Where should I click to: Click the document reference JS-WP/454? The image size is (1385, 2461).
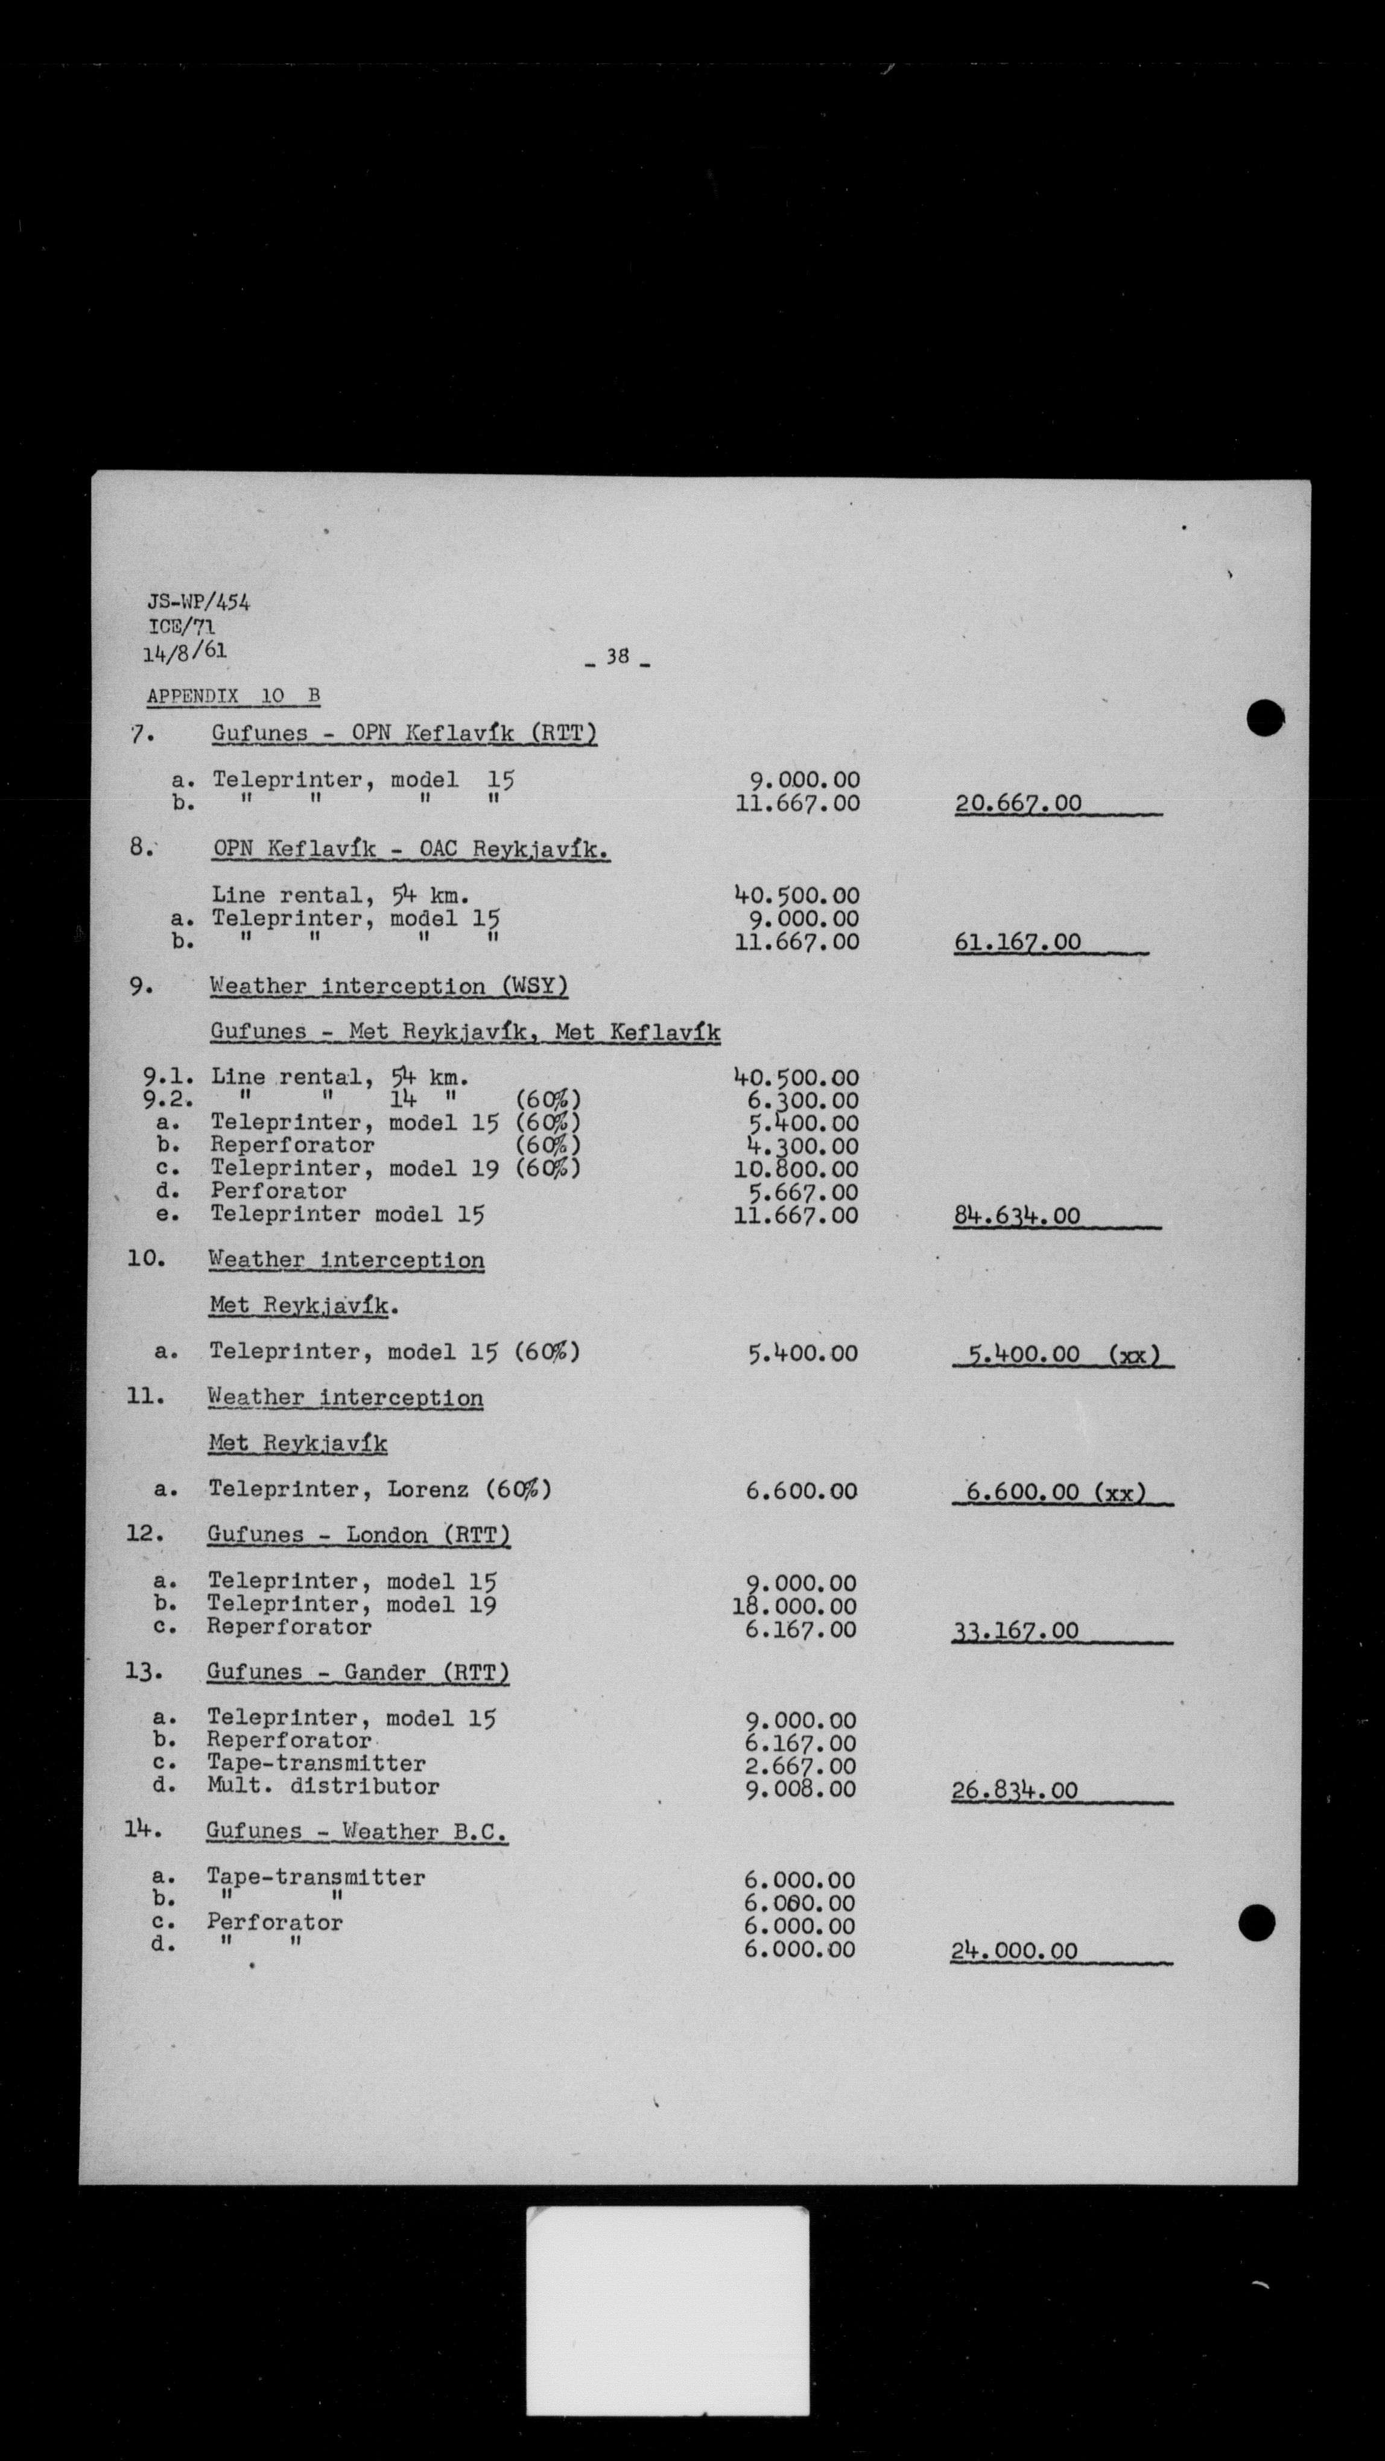click(x=198, y=602)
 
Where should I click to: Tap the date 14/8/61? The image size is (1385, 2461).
click(x=185, y=653)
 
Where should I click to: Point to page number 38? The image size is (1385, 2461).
click(x=618, y=656)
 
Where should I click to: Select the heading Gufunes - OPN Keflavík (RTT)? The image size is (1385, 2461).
click(x=404, y=733)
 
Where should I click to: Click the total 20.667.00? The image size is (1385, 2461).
click(x=1018, y=803)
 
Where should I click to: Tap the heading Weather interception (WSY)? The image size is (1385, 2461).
click(x=388, y=986)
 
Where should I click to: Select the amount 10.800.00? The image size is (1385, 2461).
click(x=797, y=1170)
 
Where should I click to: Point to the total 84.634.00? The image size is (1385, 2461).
click(x=1016, y=1216)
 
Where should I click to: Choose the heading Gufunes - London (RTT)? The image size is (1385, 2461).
click(x=358, y=1535)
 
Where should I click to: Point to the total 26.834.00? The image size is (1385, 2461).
click(x=1015, y=1790)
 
